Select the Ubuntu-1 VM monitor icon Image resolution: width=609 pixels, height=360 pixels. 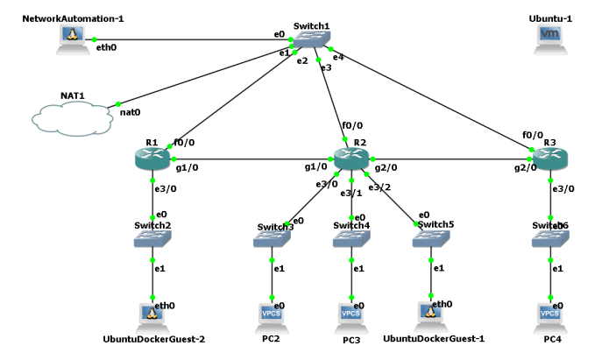(549, 36)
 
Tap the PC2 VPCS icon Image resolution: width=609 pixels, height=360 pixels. (273, 312)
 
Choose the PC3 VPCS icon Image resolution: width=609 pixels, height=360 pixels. (351, 312)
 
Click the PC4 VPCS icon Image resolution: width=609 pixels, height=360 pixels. (549, 312)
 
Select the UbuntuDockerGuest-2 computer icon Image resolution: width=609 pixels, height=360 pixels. (152, 312)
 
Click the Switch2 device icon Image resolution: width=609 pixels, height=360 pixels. (152, 238)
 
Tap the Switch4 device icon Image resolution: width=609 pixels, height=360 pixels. (351, 238)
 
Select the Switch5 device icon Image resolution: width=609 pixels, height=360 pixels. (429, 238)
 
